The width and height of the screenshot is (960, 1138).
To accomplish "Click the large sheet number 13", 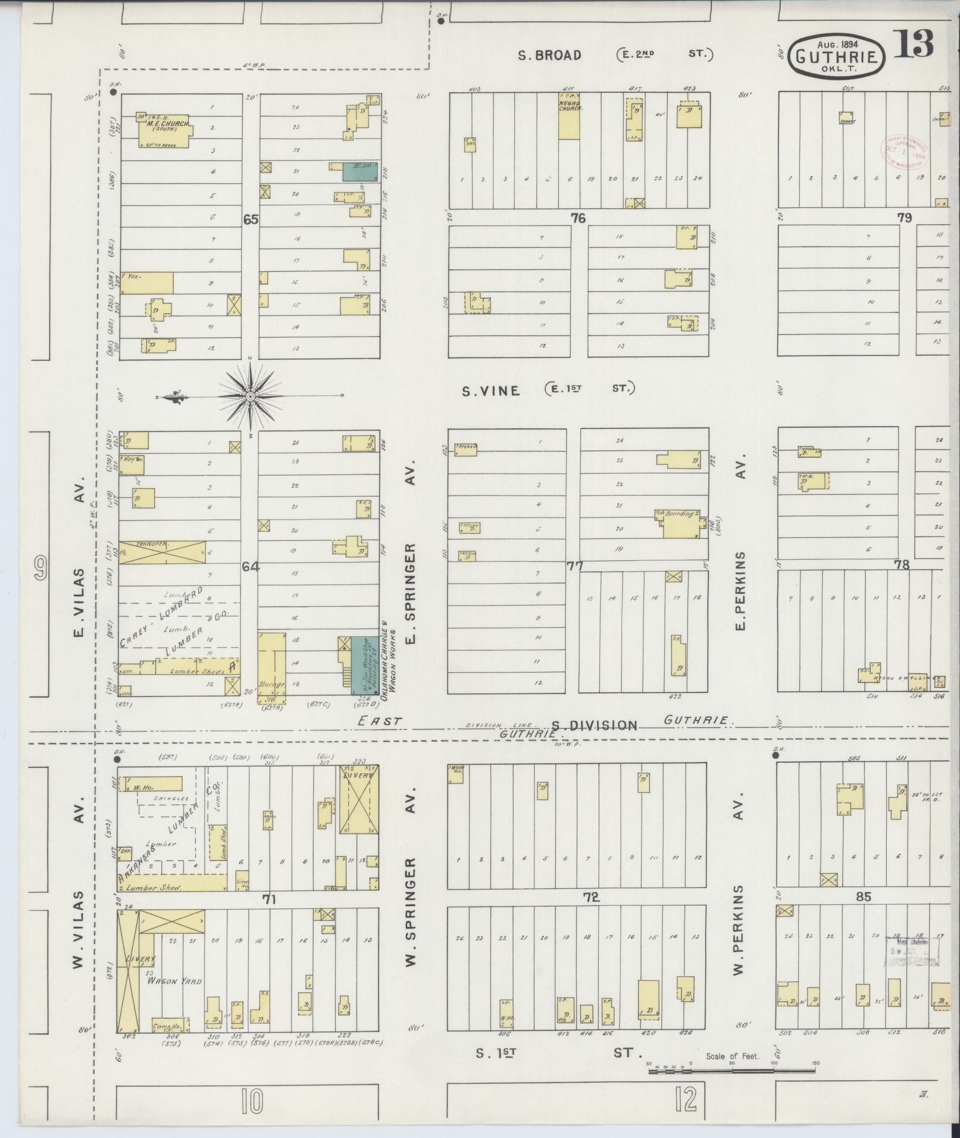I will click(912, 43).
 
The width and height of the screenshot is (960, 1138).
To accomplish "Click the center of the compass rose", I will click(251, 396).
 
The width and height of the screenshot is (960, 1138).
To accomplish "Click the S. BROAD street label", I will click(549, 55).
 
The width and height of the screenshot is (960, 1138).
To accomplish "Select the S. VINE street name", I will click(491, 391).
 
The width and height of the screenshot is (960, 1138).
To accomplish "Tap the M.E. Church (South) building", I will click(164, 130).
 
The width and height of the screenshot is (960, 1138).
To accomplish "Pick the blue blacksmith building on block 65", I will click(359, 171).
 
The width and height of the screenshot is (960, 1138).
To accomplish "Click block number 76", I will click(577, 218).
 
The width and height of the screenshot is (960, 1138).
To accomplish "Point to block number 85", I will click(863, 896).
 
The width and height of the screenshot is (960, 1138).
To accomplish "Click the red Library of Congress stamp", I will click(904, 149).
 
